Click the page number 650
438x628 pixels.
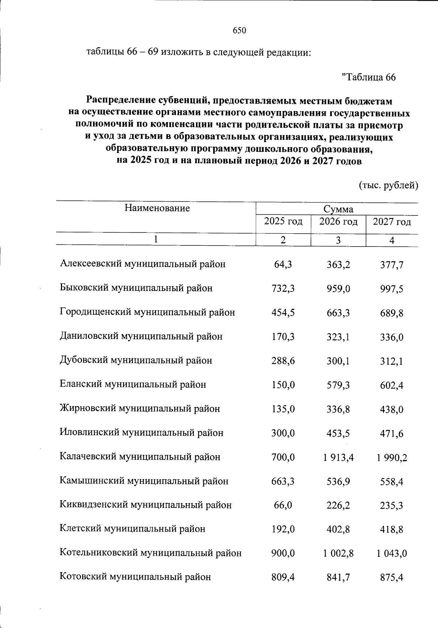[239, 31]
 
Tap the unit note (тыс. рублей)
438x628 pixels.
[388, 185]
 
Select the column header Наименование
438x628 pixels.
[157, 208]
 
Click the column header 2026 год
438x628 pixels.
[338, 222]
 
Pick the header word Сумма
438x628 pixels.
[338, 210]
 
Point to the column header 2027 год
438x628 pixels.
[392, 222]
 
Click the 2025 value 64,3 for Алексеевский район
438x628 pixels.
[283, 264]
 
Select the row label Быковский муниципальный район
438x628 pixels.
[136, 288]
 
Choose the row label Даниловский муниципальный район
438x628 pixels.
[141, 336]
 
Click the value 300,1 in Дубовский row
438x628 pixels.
[338, 361]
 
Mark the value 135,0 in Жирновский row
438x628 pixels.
[283, 409]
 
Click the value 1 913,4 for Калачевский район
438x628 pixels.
[338, 457]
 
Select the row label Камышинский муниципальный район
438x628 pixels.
[144, 481]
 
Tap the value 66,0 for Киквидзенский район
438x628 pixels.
[283, 505]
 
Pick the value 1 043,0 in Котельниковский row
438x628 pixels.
[392, 554]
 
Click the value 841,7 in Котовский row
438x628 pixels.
[338, 578]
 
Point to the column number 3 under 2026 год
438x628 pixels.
[338, 241]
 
